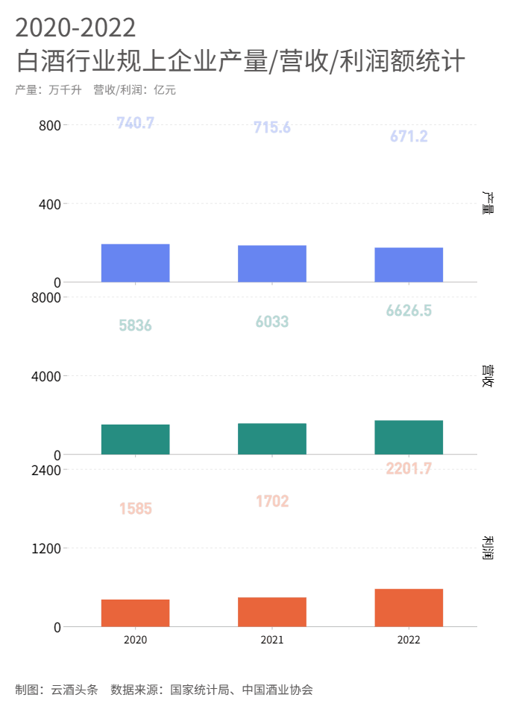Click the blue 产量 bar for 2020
click(x=135, y=263)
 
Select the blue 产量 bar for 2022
click(x=409, y=264)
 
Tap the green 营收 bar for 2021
click(x=272, y=439)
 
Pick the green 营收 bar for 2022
click(x=409, y=437)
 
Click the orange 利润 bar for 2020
click(x=135, y=613)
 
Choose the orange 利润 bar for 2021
click(x=272, y=611)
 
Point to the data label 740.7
click(x=136, y=123)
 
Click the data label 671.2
click(x=409, y=136)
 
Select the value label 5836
click(x=135, y=325)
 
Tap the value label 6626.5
click(x=409, y=311)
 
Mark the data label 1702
click(x=272, y=501)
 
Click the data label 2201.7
click(x=409, y=468)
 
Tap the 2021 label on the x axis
click(x=272, y=640)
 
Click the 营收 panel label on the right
click(x=488, y=376)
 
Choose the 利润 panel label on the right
click(x=488, y=548)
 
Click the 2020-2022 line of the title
click(x=75, y=28)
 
